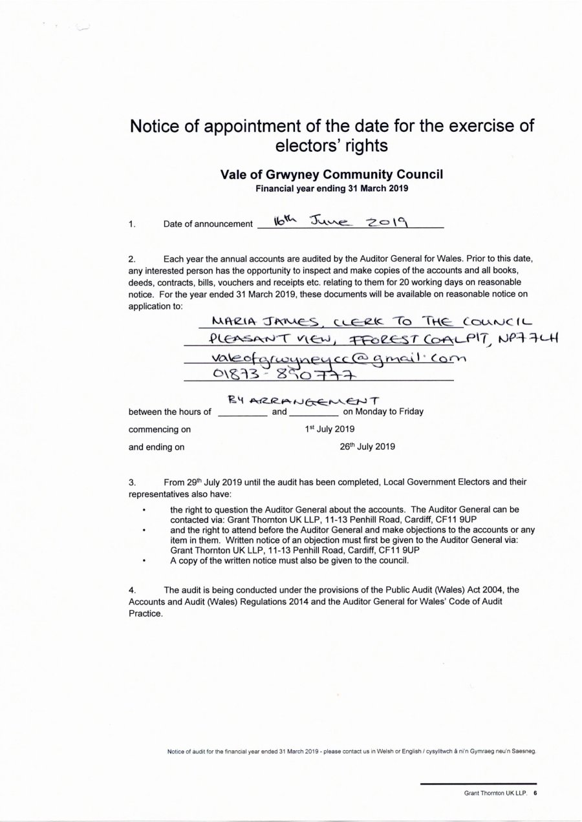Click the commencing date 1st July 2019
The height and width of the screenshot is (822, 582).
pyautogui.click(x=329, y=428)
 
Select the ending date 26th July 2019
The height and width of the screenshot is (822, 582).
pyautogui.click(x=367, y=446)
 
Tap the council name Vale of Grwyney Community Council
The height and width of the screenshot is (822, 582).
pyautogui.click(x=332, y=174)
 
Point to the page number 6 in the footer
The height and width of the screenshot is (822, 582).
pyautogui.click(x=535, y=794)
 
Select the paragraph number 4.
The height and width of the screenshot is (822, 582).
pyautogui.click(x=132, y=589)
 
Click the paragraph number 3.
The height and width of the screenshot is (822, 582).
pyautogui.click(x=132, y=481)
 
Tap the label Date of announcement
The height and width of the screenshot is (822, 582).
pyautogui.click(x=208, y=224)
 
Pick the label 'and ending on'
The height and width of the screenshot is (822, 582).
pyautogui.click(x=156, y=447)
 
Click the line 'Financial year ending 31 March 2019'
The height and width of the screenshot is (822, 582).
pyautogui.click(x=332, y=189)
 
